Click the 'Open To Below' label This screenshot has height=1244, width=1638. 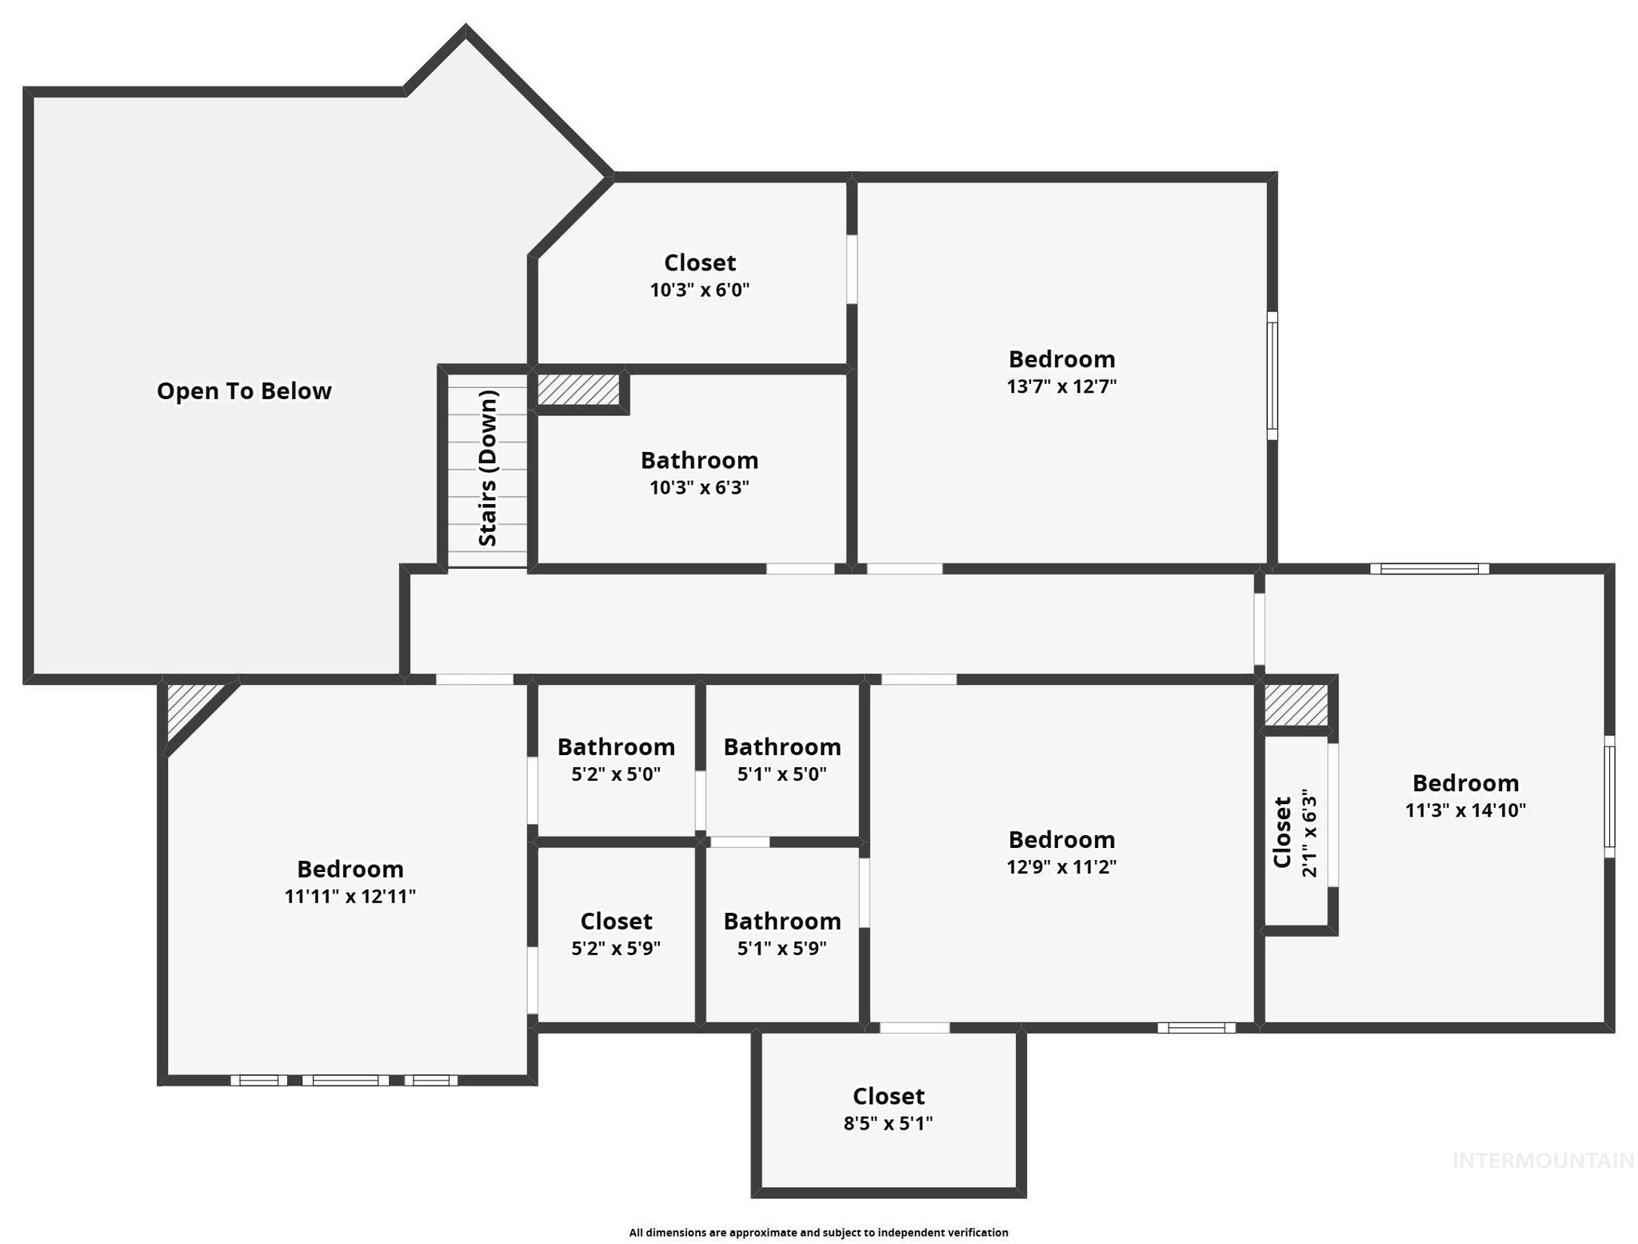(x=244, y=391)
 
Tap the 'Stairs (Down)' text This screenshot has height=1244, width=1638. (x=488, y=468)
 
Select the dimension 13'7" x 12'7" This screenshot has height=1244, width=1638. (x=1061, y=386)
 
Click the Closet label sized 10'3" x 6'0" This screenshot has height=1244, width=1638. (x=700, y=262)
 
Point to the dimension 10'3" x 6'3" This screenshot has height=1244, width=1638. (x=700, y=487)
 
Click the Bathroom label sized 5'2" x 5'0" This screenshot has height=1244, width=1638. (x=616, y=747)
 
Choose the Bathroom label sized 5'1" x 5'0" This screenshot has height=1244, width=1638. (x=782, y=747)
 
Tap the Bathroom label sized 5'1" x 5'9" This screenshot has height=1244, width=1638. (x=782, y=921)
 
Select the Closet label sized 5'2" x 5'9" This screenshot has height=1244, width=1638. (x=616, y=921)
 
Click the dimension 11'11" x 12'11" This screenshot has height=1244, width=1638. (x=350, y=896)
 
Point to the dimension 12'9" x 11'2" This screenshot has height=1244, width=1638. (x=1061, y=866)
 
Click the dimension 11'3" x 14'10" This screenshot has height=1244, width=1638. (x=1465, y=810)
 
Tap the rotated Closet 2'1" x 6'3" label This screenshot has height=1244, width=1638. (x=1294, y=832)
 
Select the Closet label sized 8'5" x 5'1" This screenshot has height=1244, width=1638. (x=889, y=1096)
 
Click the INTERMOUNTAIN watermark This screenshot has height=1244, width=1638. (x=1543, y=1161)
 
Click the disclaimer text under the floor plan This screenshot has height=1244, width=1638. (x=818, y=1232)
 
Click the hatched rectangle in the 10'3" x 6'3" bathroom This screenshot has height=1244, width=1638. (x=578, y=390)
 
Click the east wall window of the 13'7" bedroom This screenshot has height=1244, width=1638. (x=1272, y=375)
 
